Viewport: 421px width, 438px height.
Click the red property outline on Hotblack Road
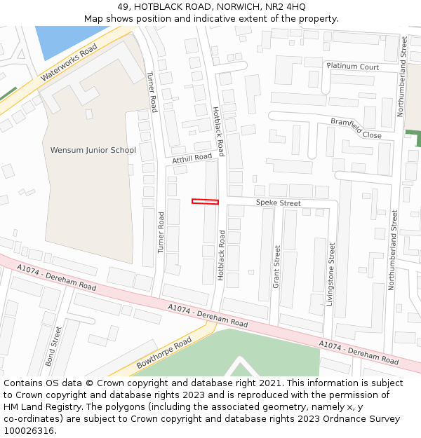point(205,202)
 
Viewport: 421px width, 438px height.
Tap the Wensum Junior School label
point(93,150)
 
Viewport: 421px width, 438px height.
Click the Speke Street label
point(278,203)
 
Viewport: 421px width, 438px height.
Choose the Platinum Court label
point(352,67)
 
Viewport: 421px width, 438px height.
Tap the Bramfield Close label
point(356,128)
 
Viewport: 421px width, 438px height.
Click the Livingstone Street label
point(330,274)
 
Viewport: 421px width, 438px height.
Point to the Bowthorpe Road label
point(164,353)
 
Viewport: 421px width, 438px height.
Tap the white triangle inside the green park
point(241,368)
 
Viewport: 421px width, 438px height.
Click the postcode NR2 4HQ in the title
point(286,6)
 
